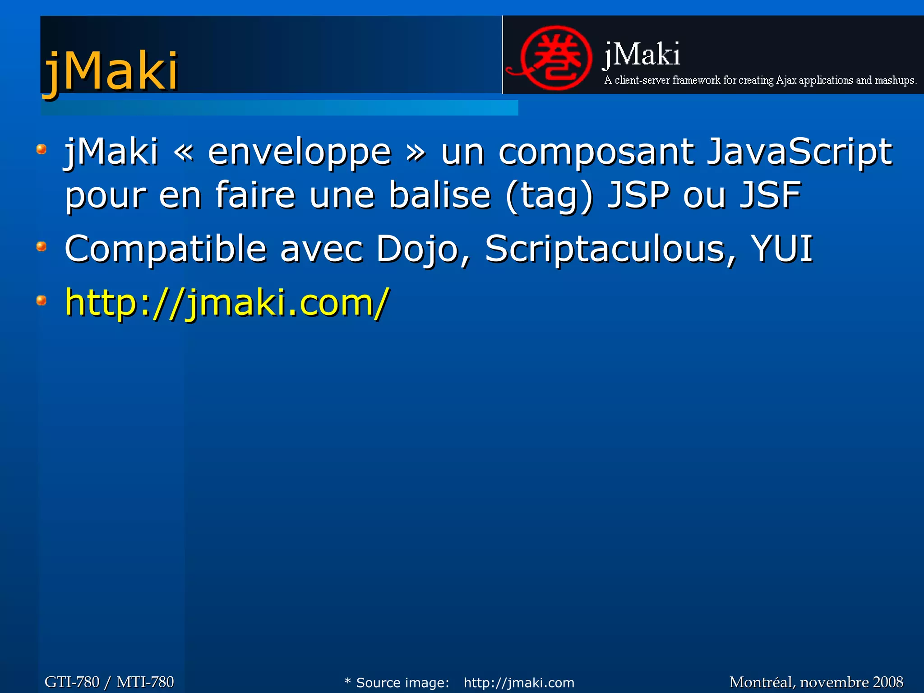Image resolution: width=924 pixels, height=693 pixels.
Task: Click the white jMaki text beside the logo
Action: [x=642, y=55]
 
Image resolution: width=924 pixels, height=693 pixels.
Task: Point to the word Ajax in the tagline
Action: [x=786, y=80]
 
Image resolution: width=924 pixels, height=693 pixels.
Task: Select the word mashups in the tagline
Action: [x=895, y=80]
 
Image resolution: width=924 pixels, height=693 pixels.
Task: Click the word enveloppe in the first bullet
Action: [x=299, y=152]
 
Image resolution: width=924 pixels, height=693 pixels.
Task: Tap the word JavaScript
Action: [x=799, y=152]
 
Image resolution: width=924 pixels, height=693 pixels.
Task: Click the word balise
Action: [x=439, y=195]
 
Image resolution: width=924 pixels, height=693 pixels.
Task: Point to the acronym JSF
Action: [x=770, y=195]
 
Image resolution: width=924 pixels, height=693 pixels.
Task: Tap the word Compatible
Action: [x=166, y=249]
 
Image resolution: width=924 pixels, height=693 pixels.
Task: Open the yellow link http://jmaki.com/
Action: [x=227, y=303]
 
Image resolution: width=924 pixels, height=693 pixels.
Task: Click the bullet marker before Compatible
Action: [x=42, y=246]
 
